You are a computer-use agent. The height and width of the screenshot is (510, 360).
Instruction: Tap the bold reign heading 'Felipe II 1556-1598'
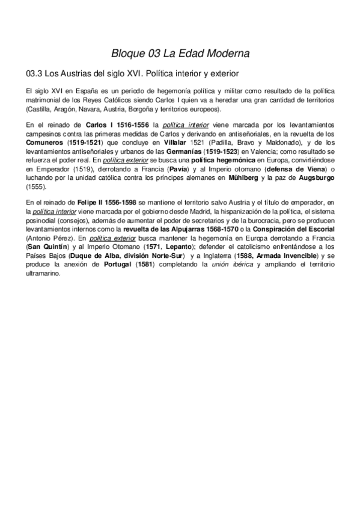[106, 203]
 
